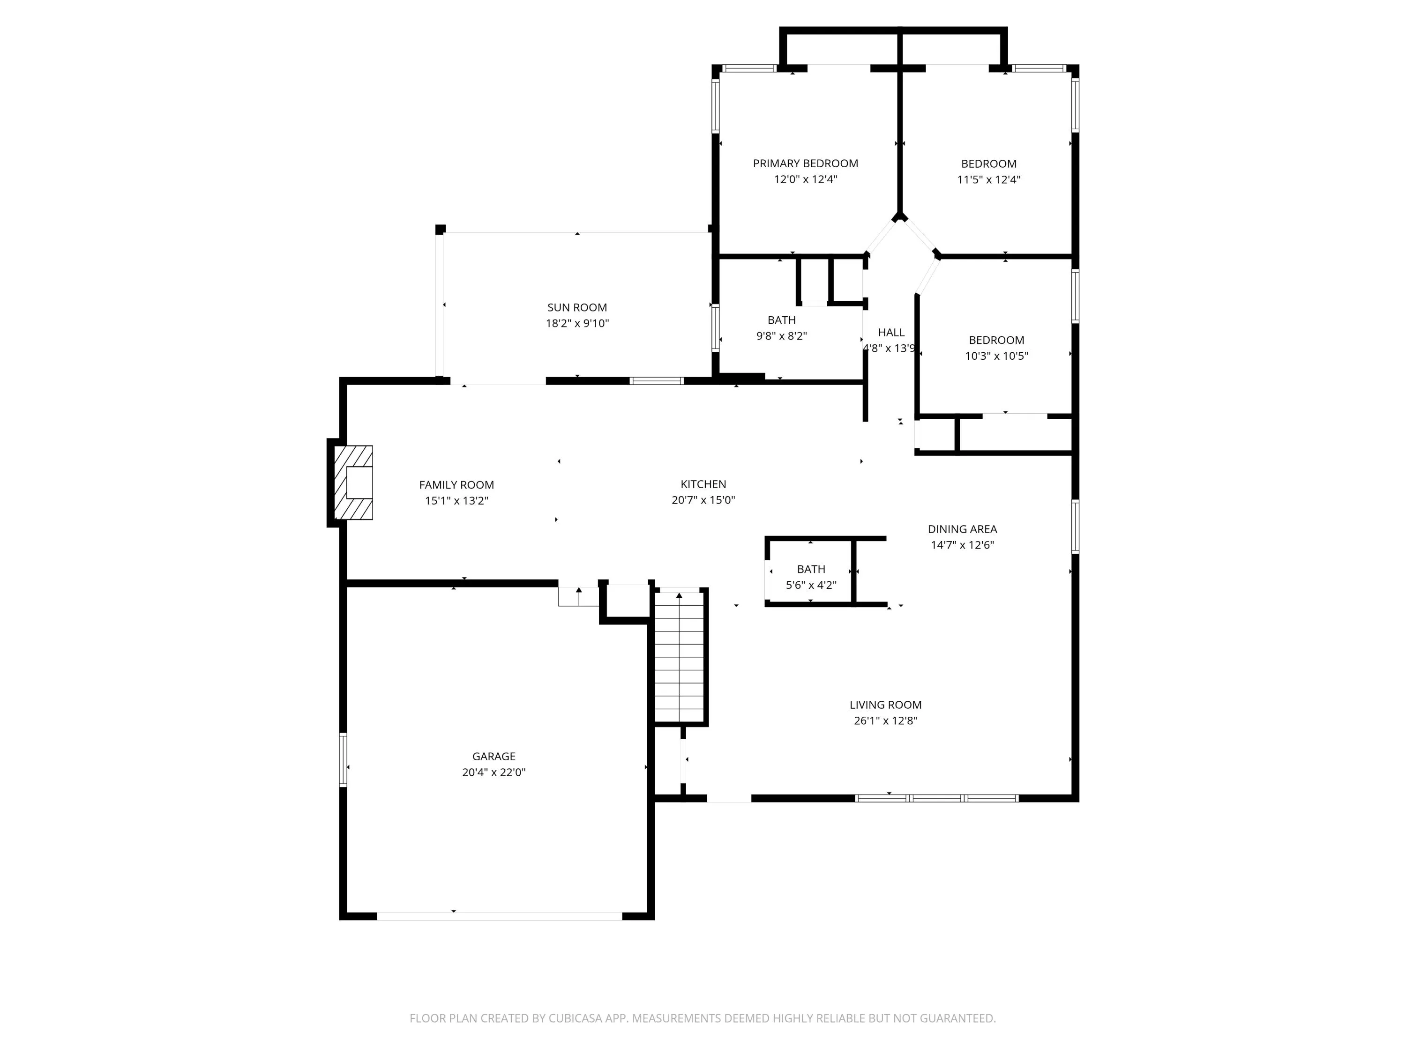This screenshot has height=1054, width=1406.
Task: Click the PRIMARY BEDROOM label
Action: tap(805, 163)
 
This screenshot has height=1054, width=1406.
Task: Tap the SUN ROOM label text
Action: tap(577, 307)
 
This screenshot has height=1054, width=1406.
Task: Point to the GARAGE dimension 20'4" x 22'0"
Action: tap(494, 772)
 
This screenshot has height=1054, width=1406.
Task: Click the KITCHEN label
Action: tap(703, 484)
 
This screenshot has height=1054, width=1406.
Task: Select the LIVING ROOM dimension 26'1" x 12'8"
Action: tap(885, 720)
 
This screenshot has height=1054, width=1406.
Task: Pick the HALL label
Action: tap(891, 332)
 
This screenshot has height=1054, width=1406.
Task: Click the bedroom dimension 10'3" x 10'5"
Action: tap(997, 356)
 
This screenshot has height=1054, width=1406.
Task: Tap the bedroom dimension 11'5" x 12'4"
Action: tap(989, 179)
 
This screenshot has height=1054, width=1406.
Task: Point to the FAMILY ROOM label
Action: tap(456, 485)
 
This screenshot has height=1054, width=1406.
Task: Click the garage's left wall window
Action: tap(343, 760)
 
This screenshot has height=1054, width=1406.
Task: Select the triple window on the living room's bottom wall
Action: tap(937, 798)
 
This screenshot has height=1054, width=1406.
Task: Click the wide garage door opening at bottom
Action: tap(500, 916)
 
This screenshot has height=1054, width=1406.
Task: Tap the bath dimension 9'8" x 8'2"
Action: tap(781, 336)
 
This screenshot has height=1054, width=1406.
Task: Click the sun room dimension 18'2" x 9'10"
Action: tap(577, 323)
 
